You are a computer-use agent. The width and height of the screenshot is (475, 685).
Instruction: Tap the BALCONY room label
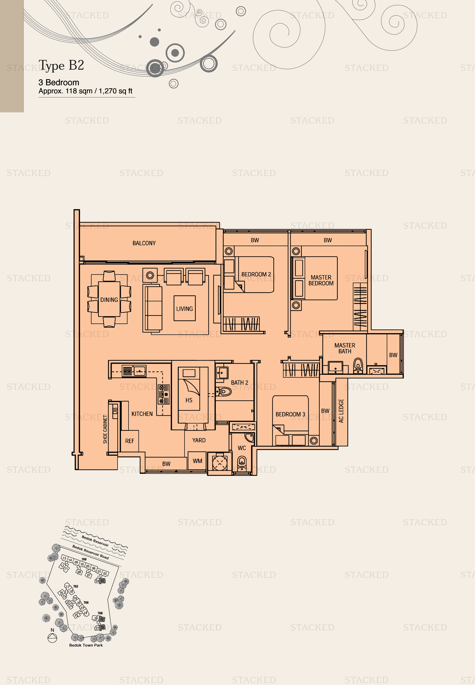[x=144, y=243]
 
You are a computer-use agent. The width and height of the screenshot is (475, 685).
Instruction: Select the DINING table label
[x=109, y=300]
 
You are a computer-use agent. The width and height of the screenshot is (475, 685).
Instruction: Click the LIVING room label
[x=185, y=309]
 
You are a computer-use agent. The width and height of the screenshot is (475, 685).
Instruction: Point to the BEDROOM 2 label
[x=256, y=274]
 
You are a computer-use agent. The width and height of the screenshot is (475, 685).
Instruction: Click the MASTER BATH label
[x=345, y=348]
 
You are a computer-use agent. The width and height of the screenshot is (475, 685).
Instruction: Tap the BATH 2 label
[x=240, y=382]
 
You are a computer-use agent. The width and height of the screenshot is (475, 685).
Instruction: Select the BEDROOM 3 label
[x=290, y=414]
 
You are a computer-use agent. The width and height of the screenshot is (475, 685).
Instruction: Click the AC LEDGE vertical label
[x=341, y=411]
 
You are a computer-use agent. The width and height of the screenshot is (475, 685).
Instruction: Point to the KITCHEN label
[x=142, y=414]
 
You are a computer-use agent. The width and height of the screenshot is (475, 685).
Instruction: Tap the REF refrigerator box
[x=129, y=441]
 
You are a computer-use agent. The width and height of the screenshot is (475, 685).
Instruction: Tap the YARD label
[x=199, y=440]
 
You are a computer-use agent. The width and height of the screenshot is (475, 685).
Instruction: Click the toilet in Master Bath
[x=358, y=365]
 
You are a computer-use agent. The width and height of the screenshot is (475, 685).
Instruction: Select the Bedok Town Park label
[x=86, y=645]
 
